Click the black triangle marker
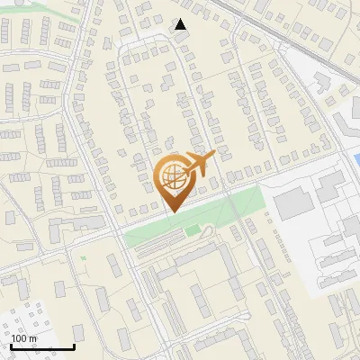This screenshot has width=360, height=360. tap(182, 24)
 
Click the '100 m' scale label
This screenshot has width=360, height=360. tap(24, 338)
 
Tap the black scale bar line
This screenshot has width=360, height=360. tap(42, 346)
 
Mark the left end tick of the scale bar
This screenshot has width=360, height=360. tap(11, 345)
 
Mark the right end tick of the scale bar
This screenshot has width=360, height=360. tap(74, 345)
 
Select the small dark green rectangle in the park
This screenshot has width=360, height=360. tap(193, 231)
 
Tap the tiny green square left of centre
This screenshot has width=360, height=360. tap(84, 259)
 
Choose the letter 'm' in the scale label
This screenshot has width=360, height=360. tap(32, 338)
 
